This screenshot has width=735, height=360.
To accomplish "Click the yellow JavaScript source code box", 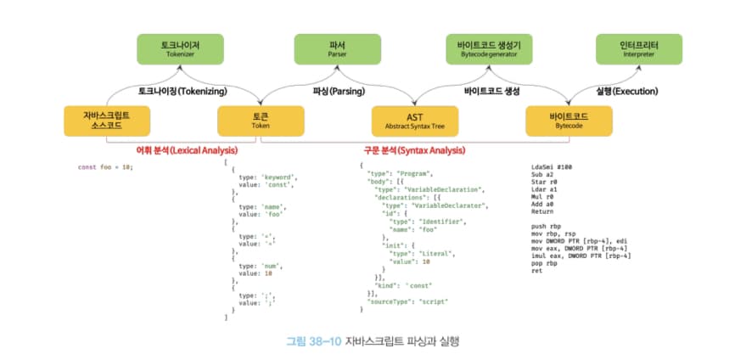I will coord(105,119).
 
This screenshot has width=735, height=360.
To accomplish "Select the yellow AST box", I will coord(415,119).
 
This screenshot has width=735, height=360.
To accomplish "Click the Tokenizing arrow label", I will coord(180,89).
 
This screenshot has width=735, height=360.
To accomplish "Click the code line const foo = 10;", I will coord(105,166).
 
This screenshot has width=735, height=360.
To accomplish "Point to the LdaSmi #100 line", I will coord(551,166).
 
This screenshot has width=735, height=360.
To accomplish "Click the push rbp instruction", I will coord(545,227).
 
